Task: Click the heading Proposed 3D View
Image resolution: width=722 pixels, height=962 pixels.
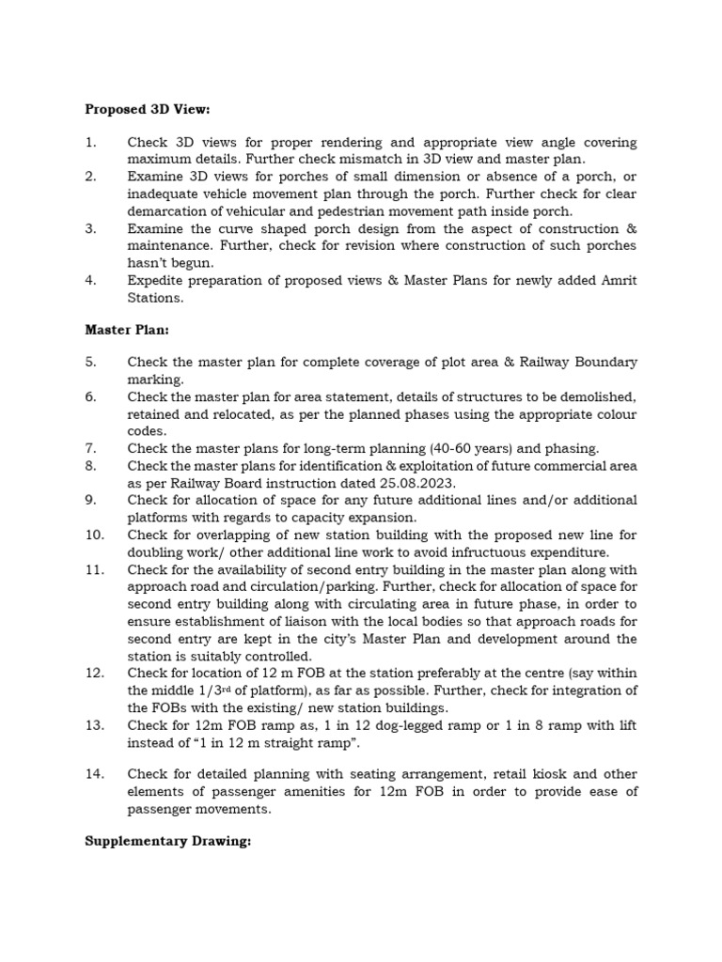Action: [x=147, y=109]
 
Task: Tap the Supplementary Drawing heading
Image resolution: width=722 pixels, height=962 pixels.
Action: [x=168, y=842]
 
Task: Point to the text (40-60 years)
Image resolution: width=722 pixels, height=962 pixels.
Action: [x=465, y=448]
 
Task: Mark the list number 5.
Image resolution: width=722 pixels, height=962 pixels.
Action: [x=90, y=363]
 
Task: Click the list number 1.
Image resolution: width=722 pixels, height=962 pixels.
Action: [x=90, y=143]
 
